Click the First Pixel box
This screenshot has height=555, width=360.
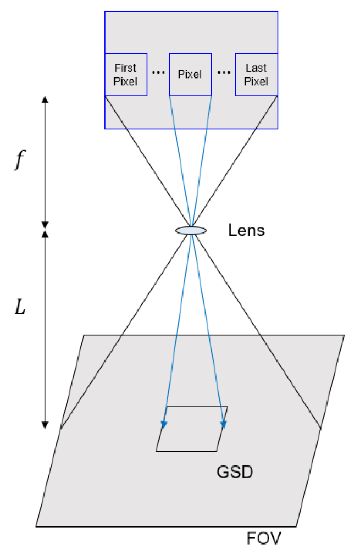[126, 74]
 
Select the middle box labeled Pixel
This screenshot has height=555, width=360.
[190, 74]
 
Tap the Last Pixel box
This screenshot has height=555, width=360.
[257, 74]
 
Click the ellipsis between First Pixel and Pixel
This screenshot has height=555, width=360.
[158, 73]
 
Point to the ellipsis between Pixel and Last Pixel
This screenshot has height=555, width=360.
[224, 73]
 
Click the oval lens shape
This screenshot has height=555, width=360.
[191, 231]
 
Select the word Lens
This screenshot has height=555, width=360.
[246, 230]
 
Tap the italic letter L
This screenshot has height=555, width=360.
[20, 307]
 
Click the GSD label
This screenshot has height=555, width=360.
[235, 472]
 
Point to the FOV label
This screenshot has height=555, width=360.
[264, 539]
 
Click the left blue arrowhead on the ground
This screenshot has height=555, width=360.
[164, 425]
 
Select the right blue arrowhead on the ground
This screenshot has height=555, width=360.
[223, 425]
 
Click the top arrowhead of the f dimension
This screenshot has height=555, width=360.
[45, 99]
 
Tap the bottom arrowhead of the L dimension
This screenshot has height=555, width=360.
[45, 425]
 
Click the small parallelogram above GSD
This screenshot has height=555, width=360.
[192, 429]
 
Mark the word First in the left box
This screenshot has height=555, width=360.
[125, 68]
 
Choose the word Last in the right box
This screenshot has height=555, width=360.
[256, 68]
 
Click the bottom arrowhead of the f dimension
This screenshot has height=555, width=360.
[45, 225]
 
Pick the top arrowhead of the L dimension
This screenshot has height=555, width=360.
[45, 234]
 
